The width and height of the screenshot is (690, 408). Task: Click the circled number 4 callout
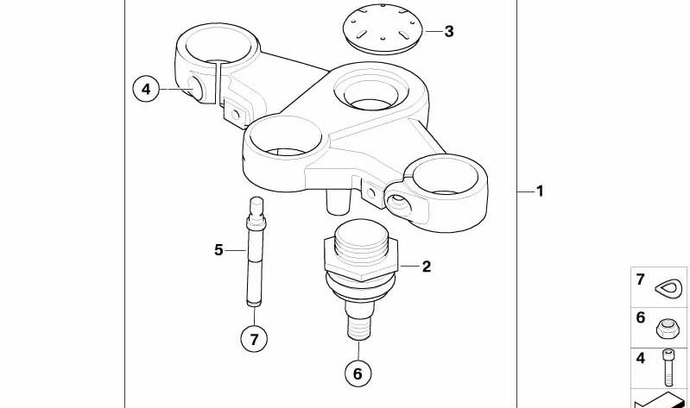coord(147,89)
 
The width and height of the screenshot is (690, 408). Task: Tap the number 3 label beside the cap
coord(448,32)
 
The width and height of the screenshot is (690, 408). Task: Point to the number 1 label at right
coord(540,191)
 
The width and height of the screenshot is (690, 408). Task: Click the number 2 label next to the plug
coord(426,267)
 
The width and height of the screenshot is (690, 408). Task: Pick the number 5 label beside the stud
coord(218,250)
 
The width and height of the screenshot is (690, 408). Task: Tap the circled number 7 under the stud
coord(254,339)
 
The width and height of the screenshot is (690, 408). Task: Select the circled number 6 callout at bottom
coord(358,373)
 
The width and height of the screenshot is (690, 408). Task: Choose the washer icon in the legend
coord(670,286)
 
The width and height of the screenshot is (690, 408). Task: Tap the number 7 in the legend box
coord(641,279)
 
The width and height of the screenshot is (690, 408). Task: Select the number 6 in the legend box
coord(641,317)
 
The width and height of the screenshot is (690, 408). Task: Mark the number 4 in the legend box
coord(641,358)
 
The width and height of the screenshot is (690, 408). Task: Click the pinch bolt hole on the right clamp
coord(400,204)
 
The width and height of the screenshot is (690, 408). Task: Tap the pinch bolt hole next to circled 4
coord(198,88)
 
